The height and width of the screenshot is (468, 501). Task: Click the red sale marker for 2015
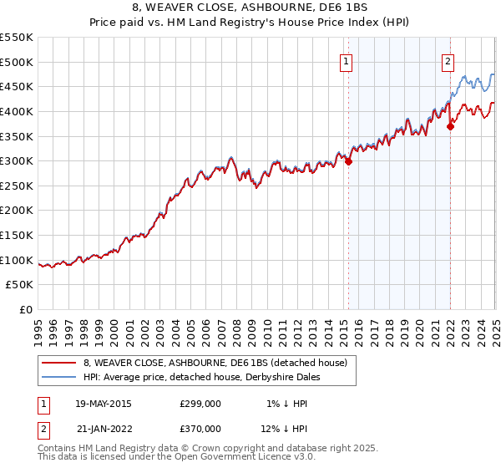click(348, 162)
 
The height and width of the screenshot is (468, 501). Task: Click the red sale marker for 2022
click(451, 127)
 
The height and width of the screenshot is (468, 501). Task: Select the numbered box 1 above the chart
click(346, 59)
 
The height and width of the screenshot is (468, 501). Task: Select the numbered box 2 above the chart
click(448, 59)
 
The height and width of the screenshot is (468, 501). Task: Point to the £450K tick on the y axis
click(17, 86)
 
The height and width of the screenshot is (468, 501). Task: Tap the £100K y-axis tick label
click(17, 260)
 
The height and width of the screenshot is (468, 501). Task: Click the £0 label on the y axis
click(26, 309)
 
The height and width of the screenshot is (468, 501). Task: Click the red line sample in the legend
click(59, 363)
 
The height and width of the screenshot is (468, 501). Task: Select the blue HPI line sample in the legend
click(59, 377)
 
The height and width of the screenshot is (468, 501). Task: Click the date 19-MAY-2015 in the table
click(103, 404)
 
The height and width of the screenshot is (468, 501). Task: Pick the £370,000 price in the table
click(200, 428)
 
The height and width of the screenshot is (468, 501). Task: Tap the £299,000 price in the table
click(200, 404)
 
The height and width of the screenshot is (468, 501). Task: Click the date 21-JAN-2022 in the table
click(103, 428)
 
